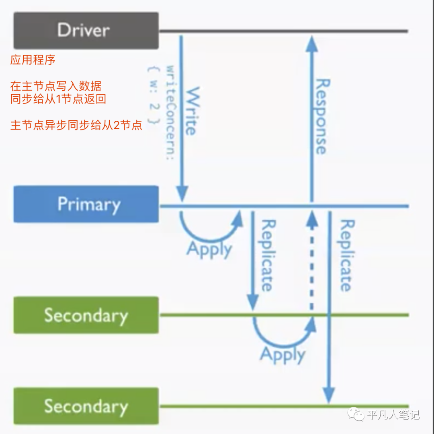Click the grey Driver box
(86, 30)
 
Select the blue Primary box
(86, 204)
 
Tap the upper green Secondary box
(86, 315)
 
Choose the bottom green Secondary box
(86, 406)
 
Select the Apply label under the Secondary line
(283, 355)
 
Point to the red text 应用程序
(33, 61)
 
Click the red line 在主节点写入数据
(56, 86)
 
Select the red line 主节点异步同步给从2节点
(76, 125)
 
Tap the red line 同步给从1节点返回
(58, 99)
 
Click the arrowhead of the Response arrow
(311, 42)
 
